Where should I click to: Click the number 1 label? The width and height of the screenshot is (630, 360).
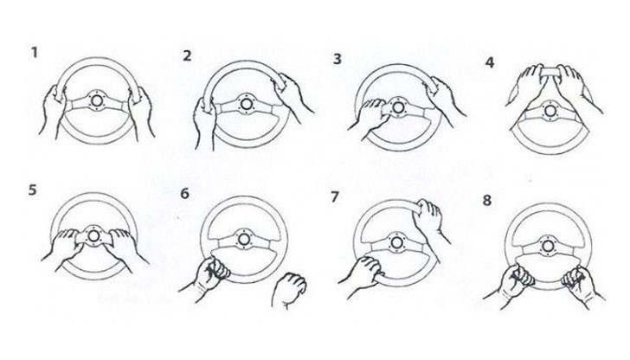point(35,52)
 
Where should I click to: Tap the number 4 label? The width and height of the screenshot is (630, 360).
point(490,62)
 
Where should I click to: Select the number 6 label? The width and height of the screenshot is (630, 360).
point(184,194)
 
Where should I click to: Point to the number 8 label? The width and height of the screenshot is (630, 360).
point(487,200)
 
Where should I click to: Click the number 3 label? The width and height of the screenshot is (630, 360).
point(337,59)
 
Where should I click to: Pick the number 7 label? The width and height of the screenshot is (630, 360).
point(335,197)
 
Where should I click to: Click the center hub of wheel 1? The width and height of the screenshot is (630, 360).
point(96,100)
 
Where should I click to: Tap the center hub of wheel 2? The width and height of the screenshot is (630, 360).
point(246,104)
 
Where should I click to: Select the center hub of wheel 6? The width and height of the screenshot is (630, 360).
point(243,240)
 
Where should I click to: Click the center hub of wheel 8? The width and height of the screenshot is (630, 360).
point(548,246)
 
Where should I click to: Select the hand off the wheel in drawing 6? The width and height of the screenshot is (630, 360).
point(289,290)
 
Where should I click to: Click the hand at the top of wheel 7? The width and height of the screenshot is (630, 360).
point(430,220)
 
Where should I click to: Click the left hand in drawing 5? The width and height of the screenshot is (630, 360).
point(63,247)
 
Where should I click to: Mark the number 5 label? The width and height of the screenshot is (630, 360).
point(33,190)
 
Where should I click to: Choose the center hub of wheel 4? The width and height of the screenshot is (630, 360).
point(550,111)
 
